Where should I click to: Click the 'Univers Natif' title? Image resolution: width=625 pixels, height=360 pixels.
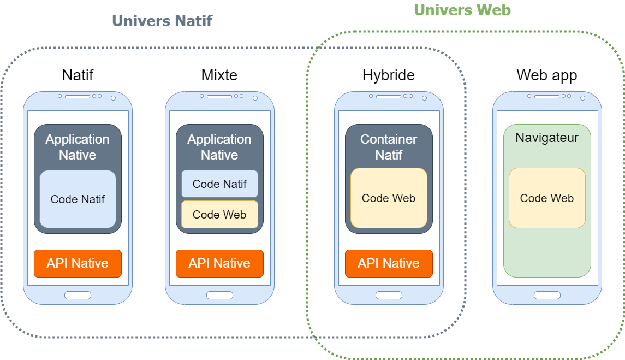click(x=162, y=21)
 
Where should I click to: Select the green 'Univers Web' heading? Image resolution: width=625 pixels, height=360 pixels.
click(x=462, y=10)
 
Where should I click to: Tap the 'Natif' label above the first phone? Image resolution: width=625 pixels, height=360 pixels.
click(x=78, y=75)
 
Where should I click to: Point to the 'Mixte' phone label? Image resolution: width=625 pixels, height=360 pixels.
click(x=219, y=75)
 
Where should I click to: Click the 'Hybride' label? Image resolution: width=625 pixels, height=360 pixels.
click(x=389, y=75)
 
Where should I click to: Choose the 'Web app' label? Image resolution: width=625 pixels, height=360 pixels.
click(x=547, y=75)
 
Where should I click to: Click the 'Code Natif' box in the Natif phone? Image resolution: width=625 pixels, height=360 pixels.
click(x=78, y=199)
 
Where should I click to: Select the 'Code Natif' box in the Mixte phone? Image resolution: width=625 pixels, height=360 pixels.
click(x=219, y=184)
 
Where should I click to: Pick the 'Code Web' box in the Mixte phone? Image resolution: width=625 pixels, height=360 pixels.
click(x=219, y=215)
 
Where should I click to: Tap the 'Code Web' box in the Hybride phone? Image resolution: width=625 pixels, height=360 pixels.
click(x=389, y=198)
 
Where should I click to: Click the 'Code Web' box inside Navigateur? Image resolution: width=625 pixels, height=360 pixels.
click(x=547, y=198)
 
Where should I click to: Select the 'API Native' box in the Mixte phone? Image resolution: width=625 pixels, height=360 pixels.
click(x=219, y=263)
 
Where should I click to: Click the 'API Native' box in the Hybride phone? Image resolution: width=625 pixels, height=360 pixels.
click(x=389, y=263)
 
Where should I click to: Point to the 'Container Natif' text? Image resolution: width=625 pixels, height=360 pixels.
click(x=389, y=147)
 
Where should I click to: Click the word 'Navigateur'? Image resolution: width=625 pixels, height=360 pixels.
click(x=547, y=138)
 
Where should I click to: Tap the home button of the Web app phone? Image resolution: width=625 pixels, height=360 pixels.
click(x=547, y=296)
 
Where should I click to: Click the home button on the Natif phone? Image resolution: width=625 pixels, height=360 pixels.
click(x=78, y=296)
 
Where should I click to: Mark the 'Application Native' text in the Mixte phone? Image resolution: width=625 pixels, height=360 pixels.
click(x=219, y=147)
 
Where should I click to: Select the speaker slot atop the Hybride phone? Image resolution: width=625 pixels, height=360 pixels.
click(x=389, y=97)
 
